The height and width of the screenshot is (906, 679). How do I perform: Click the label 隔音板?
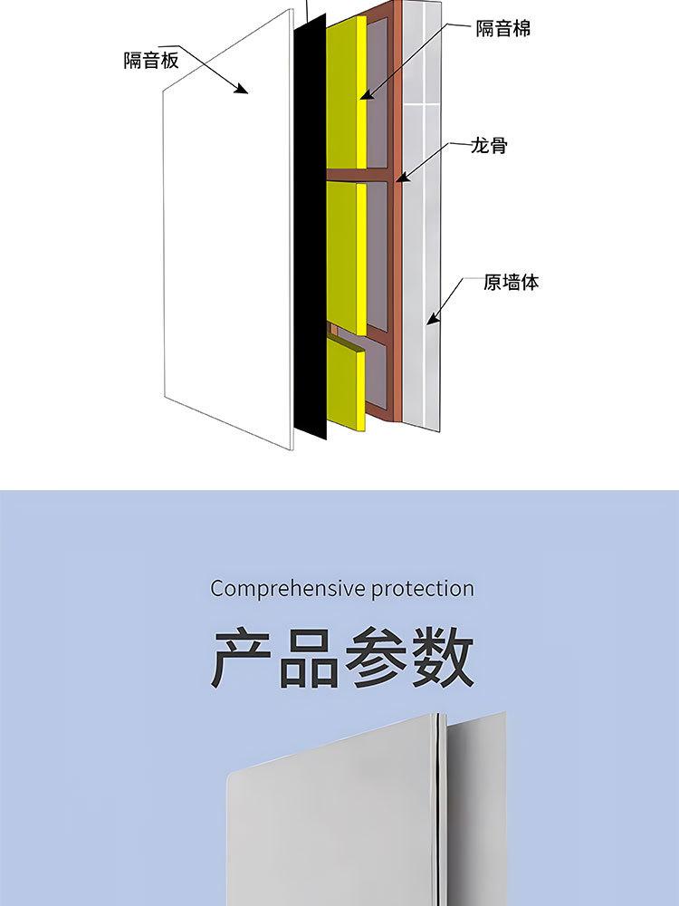(151, 61)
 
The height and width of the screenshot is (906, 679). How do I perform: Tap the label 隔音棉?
(503, 29)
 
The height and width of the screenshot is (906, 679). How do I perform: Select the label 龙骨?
(489, 145)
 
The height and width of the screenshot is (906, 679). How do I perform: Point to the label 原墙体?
(512, 283)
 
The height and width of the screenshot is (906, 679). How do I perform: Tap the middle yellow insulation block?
(344, 254)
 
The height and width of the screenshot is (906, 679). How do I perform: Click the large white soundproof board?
(226, 236)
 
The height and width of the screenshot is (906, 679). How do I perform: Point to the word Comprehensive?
(277, 589)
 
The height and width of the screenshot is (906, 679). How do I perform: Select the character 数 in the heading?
(441, 659)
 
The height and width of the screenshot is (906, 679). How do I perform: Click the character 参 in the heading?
(375, 659)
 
